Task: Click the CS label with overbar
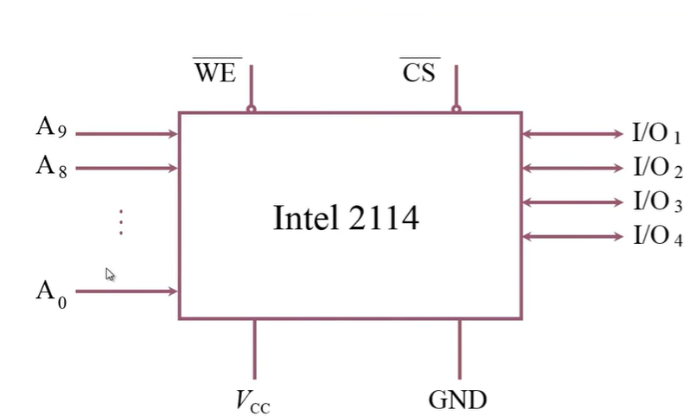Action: [x=420, y=73]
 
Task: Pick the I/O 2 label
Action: [x=657, y=167]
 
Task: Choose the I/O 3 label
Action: [x=657, y=202]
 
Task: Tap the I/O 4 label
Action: [x=657, y=236]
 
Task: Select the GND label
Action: [x=457, y=400]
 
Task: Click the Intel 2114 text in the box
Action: [x=346, y=218]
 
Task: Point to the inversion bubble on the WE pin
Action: [x=252, y=109]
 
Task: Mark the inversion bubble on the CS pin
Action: [x=456, y=109]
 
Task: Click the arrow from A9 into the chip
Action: [x=126, y=134]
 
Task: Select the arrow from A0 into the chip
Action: [x=126, y=291]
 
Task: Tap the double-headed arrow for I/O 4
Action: [x=571, y=236]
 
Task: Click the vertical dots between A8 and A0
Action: [x=121, y=222]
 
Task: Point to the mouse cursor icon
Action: [x=110, y=274]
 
